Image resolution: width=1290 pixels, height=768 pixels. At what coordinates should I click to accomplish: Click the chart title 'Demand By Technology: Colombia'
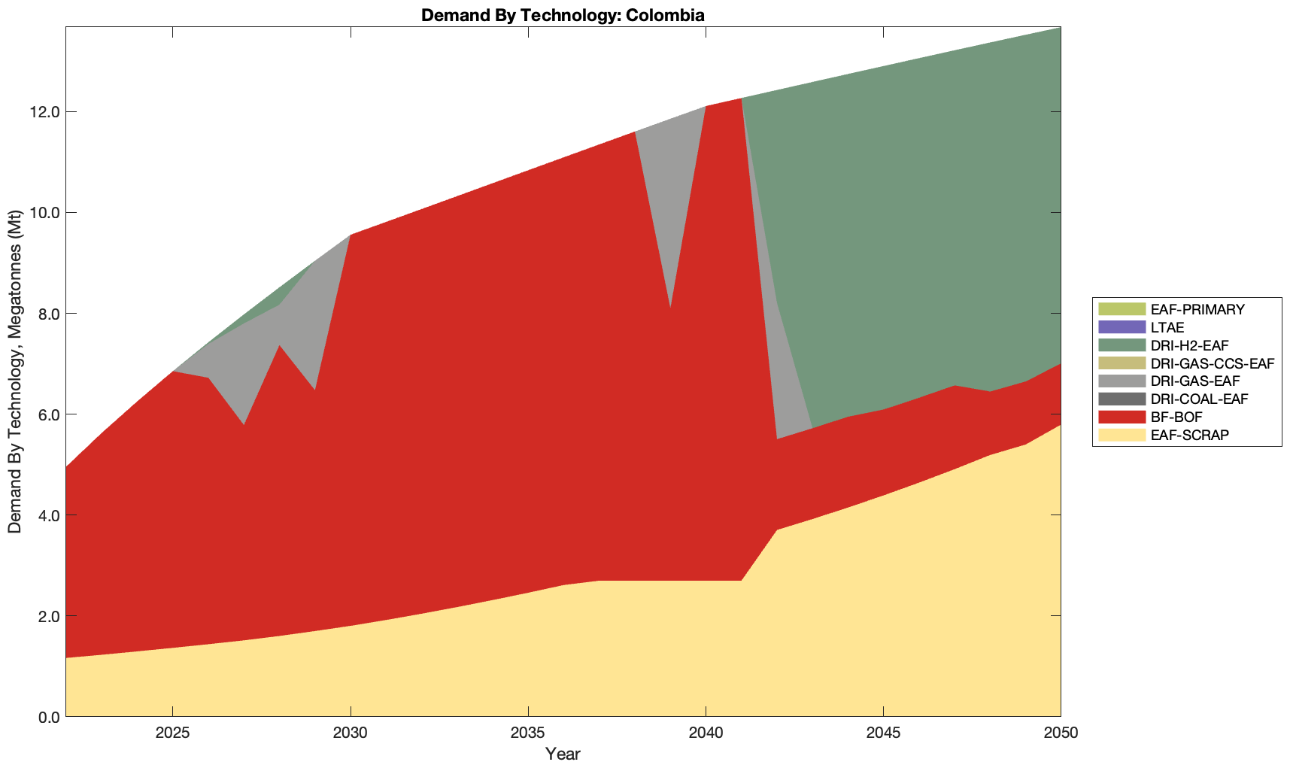click(x=563, y=14)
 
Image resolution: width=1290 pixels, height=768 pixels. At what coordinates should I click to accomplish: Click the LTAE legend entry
click(x=1167, y=327)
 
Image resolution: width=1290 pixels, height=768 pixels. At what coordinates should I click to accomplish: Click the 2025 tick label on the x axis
click(x=172, y=733)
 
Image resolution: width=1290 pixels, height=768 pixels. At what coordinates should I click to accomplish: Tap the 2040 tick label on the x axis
click(x=706, y=733)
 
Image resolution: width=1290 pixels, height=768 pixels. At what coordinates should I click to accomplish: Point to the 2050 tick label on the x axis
click(x=1061, y=733)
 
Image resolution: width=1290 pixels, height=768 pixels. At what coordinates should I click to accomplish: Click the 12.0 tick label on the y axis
click(x=44, y=112)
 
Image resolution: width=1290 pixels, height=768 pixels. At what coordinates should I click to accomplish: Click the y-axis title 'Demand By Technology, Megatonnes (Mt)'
click(x=15, y=372)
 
